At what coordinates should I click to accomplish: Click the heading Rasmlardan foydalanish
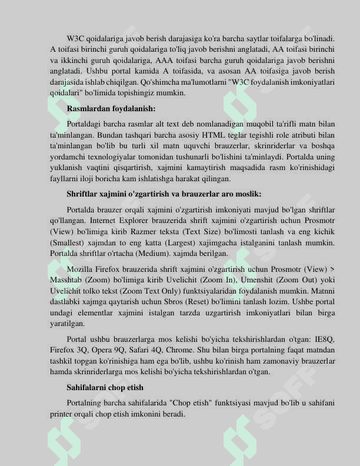111,109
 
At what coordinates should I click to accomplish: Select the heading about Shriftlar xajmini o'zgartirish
164,194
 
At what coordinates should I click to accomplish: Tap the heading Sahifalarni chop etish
105,388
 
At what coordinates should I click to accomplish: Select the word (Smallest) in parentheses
68,242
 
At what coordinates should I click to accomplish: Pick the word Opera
95,350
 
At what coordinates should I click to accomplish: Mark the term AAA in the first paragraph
164,61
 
